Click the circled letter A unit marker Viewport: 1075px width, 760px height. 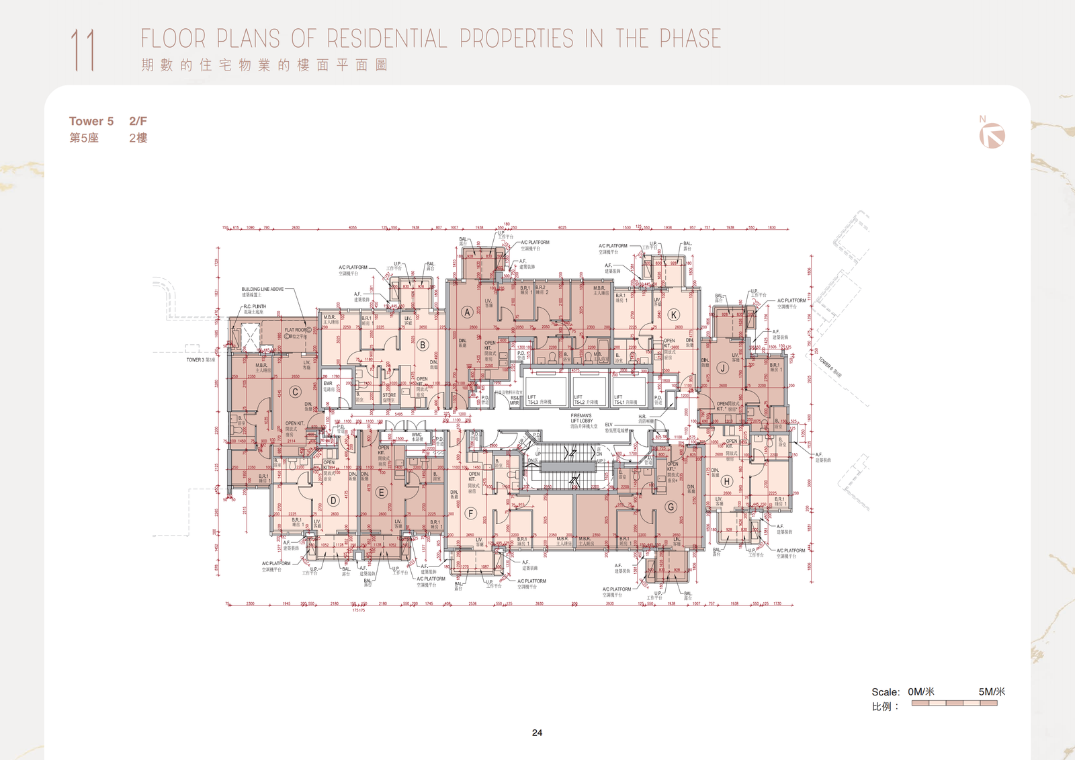(466, 312)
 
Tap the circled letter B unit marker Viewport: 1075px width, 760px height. (423, 345)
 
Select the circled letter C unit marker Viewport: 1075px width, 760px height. (295, 392)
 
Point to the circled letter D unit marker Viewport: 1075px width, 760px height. (333, 500)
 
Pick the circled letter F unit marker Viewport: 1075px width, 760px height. (470, 513)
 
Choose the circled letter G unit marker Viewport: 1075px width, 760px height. (671, 507)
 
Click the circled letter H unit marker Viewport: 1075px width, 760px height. (726, 481)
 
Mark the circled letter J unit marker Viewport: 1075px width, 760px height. (722, 368)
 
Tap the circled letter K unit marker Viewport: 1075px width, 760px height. (673, 314)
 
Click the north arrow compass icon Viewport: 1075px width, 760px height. (992, 136)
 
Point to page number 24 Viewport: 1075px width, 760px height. (537, 732)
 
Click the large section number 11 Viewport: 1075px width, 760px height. (83, 50)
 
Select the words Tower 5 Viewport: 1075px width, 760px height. (91, 121)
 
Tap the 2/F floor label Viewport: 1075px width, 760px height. (138, 121)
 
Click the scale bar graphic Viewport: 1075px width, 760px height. (954, 703)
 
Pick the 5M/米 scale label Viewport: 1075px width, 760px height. (991, 691)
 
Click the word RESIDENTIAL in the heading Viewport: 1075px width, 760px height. (386, 39)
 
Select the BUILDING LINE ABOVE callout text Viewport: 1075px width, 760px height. (262, 289)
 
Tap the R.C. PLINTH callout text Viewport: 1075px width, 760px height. (255, 306)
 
